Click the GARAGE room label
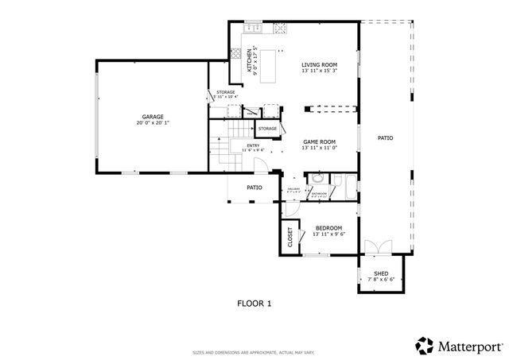pos(153,116)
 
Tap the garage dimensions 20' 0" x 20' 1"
pos(153,123)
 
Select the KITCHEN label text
pos(249,60)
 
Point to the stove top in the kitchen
pos(280,30)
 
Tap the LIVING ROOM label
pos(319,64)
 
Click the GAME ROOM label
pos(320,141)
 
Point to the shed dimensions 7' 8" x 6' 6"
pos(381,280)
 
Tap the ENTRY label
pos(253,145)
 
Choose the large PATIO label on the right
pos(385,138)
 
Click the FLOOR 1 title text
pos(254,303)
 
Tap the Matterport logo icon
pos(423,345)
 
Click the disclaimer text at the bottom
pos(254,352)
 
